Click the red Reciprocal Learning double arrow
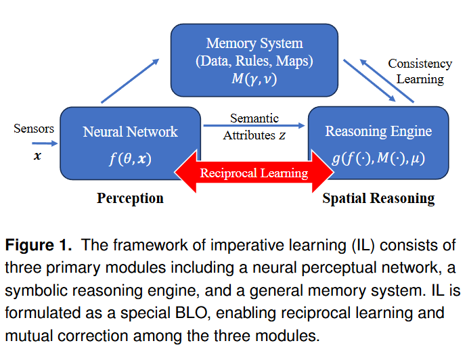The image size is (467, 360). tap(254, 173)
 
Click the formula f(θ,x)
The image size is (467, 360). tap(130, 160)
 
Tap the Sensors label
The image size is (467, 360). tap(34, 128)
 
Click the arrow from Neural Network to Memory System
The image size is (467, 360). tap(130, 81)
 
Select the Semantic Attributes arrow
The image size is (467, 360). tap(254, 126)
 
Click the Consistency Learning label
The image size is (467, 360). tap(420, 71)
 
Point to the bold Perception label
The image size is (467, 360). tap(130, 198)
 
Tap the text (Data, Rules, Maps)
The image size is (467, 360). tap(254, 61)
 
